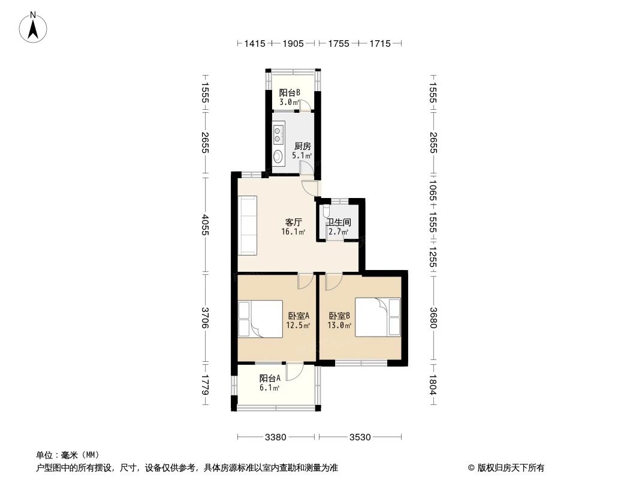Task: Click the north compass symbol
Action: [x=34, y=26]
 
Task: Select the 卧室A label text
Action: [x=298, y=316]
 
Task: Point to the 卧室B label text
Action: [x=339, y=316]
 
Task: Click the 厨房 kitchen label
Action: [x=302, y=146]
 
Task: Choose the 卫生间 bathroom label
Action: [x=338, y=222]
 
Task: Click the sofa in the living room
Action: [x=248, y=224]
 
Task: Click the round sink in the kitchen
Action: [x=278, y=156]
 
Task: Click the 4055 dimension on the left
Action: [x=206, y=225]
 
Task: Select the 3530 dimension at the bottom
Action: [x=360, y=437]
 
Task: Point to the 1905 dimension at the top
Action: [x=293, y=43]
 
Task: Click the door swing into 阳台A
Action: [x=294, y=373]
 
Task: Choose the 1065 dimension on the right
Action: [x=433, y=191]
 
